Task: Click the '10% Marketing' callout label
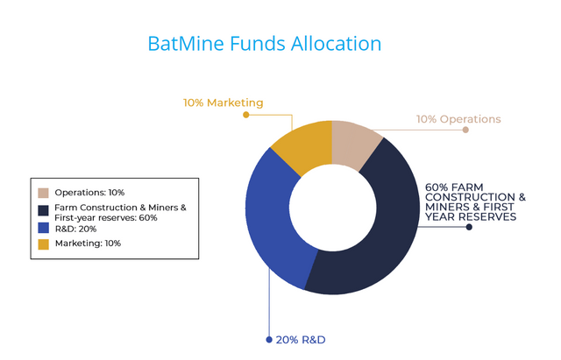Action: click(223, 102)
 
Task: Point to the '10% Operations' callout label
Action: click(458, 119)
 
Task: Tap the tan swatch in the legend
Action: click(43, 192)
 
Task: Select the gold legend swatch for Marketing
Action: click(43, 244)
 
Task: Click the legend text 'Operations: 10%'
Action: click(89, 192)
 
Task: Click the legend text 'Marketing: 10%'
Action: click(88, 244)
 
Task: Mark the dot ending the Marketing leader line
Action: click(246, 114)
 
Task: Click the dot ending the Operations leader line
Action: click(465, 130)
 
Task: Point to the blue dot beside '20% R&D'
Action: click(268, 339)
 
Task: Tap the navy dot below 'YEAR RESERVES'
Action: click(469, 227)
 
